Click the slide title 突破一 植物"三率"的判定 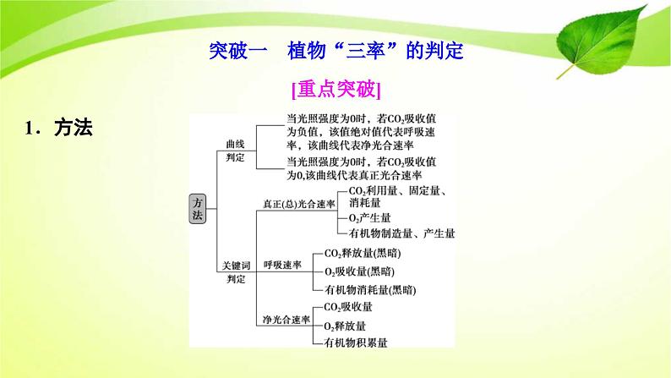(x=335, y=50)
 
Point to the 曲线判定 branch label (x=234, y=151)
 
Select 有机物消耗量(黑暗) (x=369, y=289)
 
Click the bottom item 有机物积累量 (x=355, y=342)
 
